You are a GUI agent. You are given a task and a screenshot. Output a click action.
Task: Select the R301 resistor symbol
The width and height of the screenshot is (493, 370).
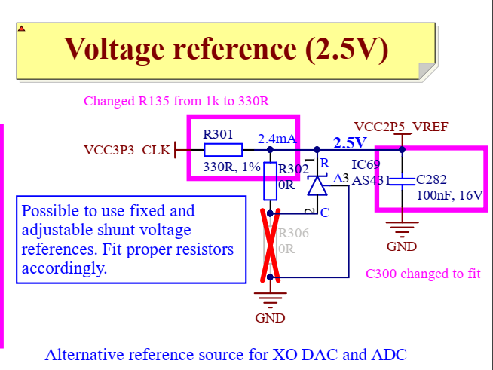[222, 150]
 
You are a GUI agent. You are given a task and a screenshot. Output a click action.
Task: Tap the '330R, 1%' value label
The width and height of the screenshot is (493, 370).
[231, 166]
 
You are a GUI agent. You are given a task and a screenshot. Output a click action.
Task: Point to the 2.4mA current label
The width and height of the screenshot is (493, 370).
[276, 139]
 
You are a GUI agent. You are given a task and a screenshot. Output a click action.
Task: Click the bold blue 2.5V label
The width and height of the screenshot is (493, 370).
[349, 142]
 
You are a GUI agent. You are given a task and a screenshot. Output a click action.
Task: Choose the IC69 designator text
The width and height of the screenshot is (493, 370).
[366, 164]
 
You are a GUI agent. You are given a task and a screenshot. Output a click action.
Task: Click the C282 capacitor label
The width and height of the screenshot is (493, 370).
[432, 179]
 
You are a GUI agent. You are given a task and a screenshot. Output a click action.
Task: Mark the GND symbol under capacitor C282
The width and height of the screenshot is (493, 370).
[402, 228]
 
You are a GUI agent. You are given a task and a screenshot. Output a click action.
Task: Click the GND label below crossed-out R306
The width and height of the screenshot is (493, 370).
[270, 317]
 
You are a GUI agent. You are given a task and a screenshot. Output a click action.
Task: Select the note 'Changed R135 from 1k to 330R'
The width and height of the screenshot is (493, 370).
[177, 101]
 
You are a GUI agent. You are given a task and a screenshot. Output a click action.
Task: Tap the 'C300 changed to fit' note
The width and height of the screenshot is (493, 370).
[423, 274]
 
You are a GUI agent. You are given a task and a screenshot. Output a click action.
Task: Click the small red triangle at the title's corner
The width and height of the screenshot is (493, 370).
[22, 29]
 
